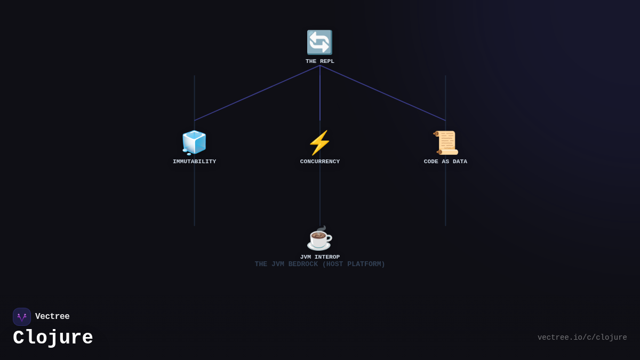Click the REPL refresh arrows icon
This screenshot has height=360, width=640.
[319, 43]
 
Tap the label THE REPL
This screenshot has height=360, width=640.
[320, 61]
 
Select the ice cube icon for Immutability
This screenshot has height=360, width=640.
[194, 142]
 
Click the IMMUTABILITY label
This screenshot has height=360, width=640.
[195, 162]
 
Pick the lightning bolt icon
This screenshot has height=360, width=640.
[319, 143]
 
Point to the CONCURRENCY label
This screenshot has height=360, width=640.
[320, 162]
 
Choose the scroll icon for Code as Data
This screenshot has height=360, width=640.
[445, 143]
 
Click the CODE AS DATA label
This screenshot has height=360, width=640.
[445, 162]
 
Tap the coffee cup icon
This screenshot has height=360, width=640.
[319, 238]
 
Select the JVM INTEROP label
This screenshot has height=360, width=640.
[320, 257]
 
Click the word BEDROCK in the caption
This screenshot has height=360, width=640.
[303, 265]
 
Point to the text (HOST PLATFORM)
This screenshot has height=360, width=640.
[354, 265]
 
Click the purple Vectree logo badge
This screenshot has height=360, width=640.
[22, 317]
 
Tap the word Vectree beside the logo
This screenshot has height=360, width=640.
[52, 317]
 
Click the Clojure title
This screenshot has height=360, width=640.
[53, 338]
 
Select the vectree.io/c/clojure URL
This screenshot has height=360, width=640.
[582, 338]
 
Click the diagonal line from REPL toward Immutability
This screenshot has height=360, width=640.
[257, 93]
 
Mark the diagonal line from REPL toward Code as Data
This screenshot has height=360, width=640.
[383, 93]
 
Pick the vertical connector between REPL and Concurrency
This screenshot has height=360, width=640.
[320, 93]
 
